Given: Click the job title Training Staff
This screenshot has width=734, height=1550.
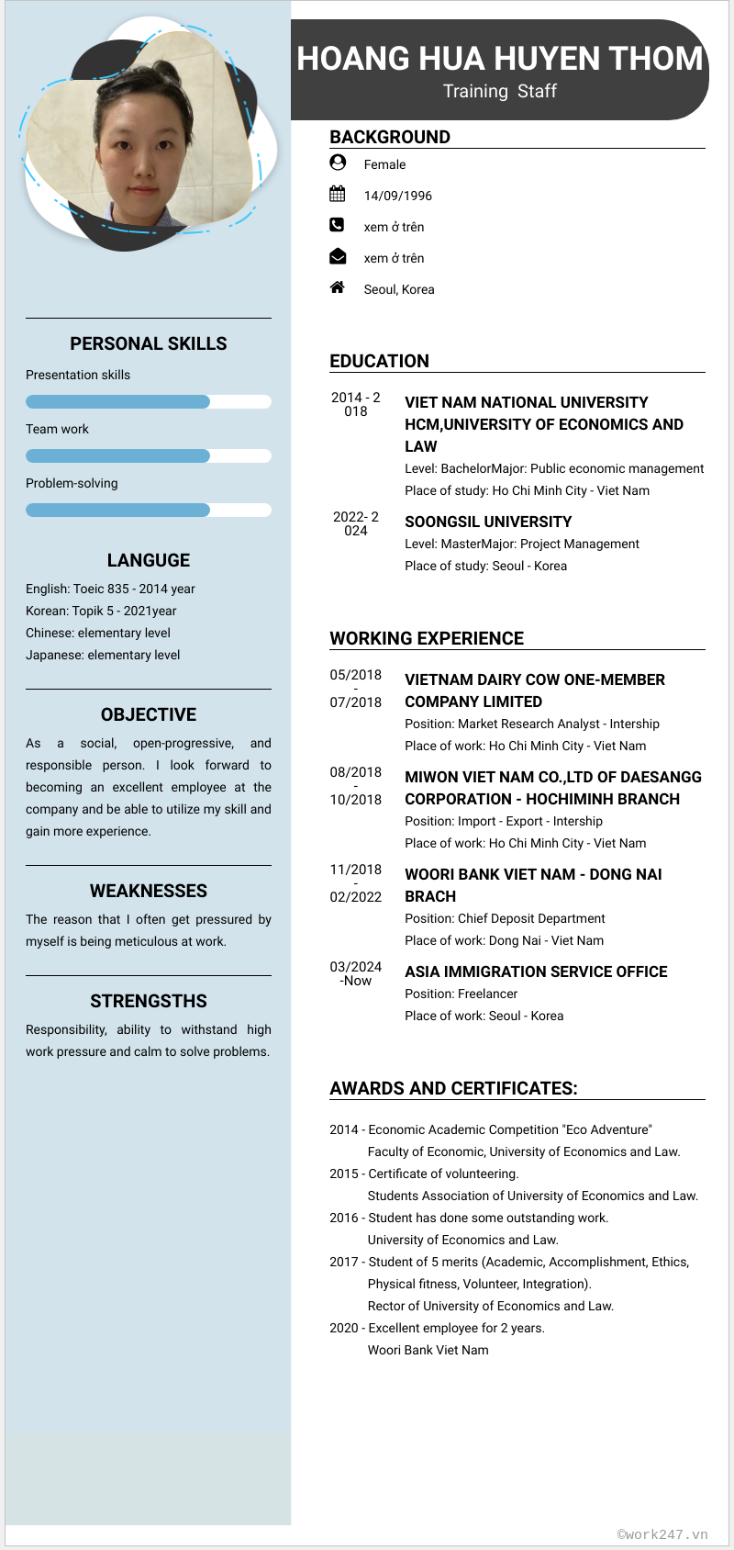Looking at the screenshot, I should pos(499,91).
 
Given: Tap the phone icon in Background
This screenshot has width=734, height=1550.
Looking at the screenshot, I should pos(337,225).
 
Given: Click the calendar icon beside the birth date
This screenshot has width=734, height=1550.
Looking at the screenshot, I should pos(337,194).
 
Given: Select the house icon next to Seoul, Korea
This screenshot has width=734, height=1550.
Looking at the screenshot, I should pos(337,287).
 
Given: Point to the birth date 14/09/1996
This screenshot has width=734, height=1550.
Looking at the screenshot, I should pos(397,196).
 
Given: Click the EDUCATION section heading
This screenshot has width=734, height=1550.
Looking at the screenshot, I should pos(379,361).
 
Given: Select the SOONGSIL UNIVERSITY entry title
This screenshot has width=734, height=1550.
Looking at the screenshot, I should pos(488,522).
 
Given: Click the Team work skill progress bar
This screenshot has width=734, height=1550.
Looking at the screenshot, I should pos(148,455).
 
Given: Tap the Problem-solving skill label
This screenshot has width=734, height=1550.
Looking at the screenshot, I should pos(72,483).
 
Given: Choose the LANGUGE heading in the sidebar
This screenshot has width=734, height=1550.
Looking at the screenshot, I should pos(148,560).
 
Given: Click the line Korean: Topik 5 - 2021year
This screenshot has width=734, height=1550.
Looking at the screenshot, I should pos(101,611).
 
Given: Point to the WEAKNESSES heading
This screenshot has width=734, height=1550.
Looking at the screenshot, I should pos(148,891).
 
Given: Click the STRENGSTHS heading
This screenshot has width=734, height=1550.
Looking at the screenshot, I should pos(148,1001).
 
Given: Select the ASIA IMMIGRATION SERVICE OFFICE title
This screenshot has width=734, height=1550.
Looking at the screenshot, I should pos(536,972).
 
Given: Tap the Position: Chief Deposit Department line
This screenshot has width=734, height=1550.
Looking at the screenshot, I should pos(505,918).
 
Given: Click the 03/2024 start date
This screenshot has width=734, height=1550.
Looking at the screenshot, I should pos(355,967).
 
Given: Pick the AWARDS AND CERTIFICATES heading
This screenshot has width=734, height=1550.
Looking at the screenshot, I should pos(453,1088).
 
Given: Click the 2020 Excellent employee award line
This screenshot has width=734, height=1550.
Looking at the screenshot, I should pos(437,1328).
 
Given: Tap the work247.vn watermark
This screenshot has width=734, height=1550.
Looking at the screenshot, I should pos(662,1533).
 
